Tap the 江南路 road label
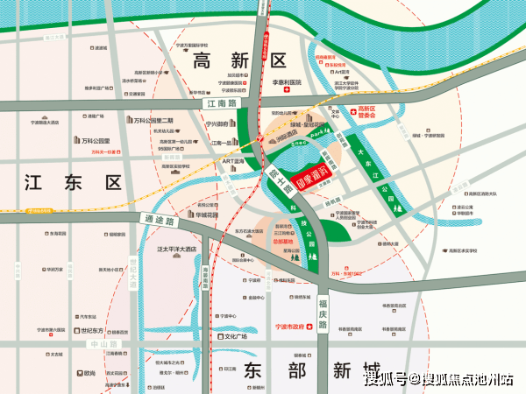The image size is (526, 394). (x=216, y=103)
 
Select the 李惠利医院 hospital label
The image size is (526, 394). (x=285, y=82)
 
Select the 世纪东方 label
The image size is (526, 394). (x=91, y=331)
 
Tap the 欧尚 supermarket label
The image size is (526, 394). (x=89, y=373)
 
